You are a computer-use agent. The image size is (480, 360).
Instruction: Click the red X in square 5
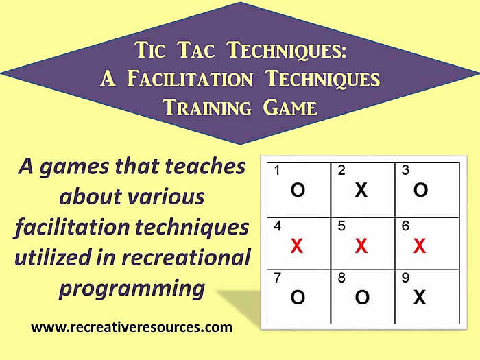(x=361, y=245)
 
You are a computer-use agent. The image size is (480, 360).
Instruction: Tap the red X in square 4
(x=297, y=245)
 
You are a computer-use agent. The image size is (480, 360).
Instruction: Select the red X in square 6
(x=420, y=245)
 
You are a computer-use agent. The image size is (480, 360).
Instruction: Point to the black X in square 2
(x=361, y=190)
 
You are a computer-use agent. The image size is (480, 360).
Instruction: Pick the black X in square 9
(x=420, y=297)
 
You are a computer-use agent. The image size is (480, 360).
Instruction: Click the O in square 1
(x=298, y=190)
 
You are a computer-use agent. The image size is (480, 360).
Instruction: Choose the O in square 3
(x=420, y=190)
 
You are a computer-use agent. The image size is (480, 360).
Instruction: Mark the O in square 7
(x=298, y=297)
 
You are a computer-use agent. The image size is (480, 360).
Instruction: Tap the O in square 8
(x=362, y=297)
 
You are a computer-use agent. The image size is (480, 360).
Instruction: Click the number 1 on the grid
(x=277, y=170)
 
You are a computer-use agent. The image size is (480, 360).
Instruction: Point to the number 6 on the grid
(x=405, y=226)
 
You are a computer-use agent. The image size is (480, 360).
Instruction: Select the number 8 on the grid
(x=341, y=278)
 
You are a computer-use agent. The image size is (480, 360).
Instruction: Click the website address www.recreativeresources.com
(x=132, y=327)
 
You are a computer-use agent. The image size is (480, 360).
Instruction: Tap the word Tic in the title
(x=149, y=49)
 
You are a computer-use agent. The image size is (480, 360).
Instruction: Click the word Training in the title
(x=207, y=108)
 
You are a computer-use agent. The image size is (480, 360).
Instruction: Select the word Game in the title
(x=290, y=108)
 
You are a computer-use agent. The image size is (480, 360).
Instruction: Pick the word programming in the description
(x=132, y=289)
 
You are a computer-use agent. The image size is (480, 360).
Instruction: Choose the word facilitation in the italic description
(x=72, y=227)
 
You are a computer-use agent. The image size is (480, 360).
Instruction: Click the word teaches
(x=205, y=166)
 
